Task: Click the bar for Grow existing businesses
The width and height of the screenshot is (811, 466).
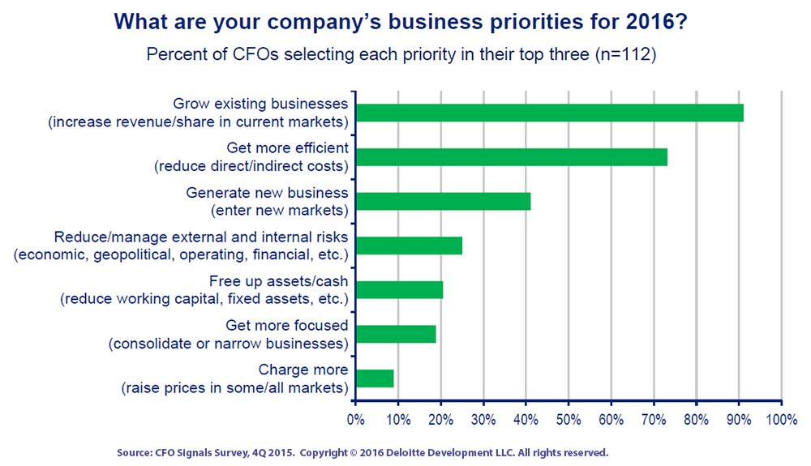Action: tap(550, 113)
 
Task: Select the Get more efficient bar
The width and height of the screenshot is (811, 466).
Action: tap(512, 157)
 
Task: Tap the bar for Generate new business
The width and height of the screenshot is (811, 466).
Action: tap(444, 202)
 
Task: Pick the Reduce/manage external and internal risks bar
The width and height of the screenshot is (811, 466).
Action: tap(409, 246)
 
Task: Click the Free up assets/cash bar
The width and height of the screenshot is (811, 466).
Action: tap(399, 290)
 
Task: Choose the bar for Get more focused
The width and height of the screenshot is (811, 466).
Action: tap(396, 334)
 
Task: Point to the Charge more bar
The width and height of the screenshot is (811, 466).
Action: tap(375, 378)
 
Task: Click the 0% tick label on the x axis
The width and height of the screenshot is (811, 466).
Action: tap(356, 419)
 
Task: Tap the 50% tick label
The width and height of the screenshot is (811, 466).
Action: tap(569, 419)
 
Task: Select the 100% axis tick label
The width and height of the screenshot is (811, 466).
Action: tap(782, 419)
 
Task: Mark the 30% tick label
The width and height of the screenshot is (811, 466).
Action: tap(483, 419)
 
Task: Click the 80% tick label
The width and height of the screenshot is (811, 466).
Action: tap(696, 419)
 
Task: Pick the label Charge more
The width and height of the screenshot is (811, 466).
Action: tap(303, 370)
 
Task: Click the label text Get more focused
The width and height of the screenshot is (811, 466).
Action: tap(287, 326)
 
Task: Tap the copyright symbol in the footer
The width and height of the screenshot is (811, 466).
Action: tap(354, 453)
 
